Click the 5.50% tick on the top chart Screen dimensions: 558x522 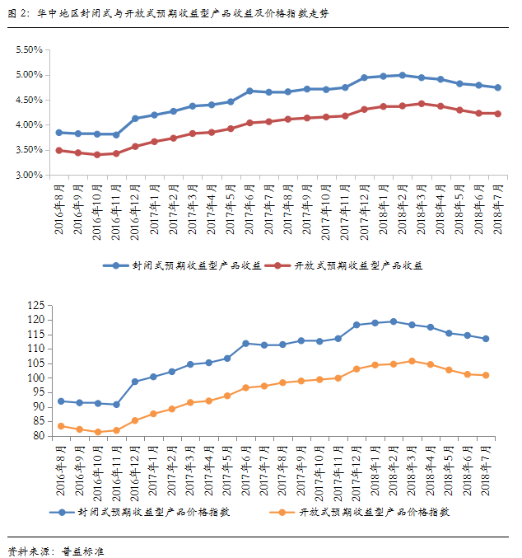tap(29, 49)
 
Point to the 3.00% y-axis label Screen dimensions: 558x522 tap(29, 176)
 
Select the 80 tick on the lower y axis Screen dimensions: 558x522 tap(37, 437)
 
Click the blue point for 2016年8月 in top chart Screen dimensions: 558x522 tap(58, 132)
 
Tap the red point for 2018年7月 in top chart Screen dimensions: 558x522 tap(498, 114)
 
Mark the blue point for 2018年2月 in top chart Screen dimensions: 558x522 tap(402, 75)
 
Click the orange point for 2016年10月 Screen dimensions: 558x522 tap(98, 432)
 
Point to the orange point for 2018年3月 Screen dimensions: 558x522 tap(412, 361)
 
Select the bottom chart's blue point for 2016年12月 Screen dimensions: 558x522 tap(135, 382)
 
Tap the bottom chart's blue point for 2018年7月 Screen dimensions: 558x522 tap(486, 339)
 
